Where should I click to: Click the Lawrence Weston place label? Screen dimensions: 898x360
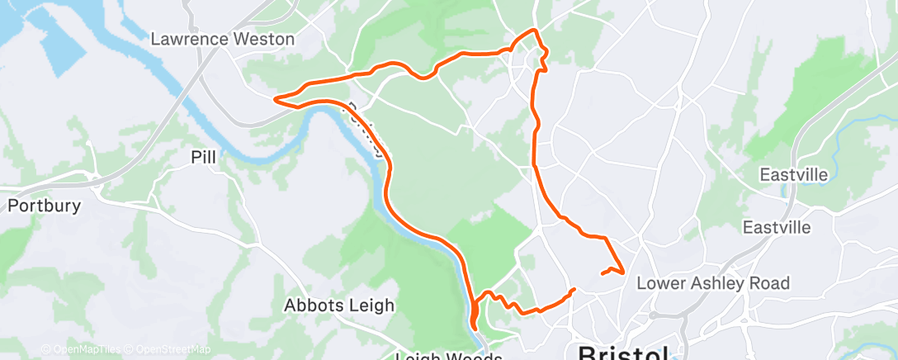(x=223, y=39)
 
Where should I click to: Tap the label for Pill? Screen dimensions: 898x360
(x=204, y=157)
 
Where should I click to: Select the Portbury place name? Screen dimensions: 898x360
(x=44, y=206)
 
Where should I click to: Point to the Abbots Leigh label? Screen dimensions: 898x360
(x=339, y=305)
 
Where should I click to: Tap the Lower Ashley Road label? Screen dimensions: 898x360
(x=713, y=283)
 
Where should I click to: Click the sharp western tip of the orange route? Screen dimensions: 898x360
(x=274, y=99)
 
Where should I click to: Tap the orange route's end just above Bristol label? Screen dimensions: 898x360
(x=574, y=289)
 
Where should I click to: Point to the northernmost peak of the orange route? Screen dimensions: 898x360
(x=533, y=31)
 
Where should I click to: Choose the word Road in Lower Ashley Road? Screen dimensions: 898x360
(x=771, y=283)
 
